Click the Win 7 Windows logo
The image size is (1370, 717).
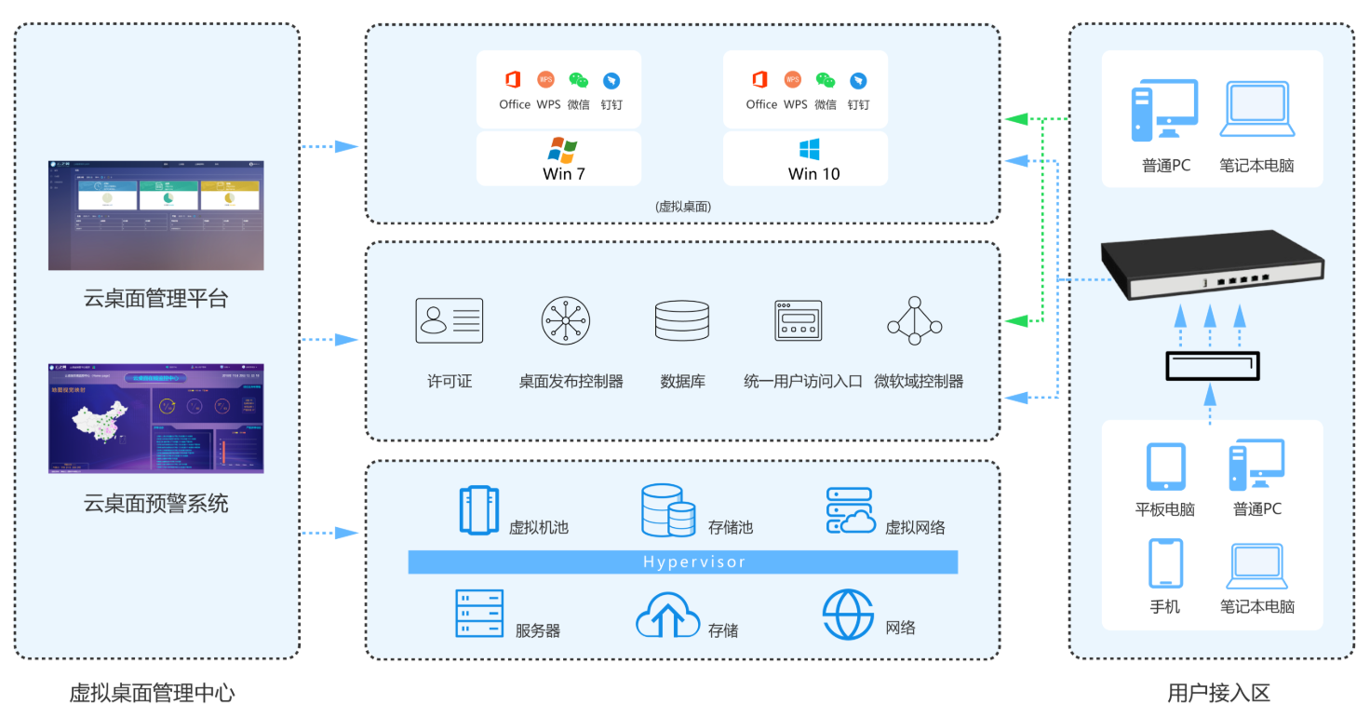click(x=562, y=150)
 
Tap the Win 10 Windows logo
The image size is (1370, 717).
click(x=808, y=150)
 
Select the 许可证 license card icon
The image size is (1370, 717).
click(x=449, y=321)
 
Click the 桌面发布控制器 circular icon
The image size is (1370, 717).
click(x=566, y=321)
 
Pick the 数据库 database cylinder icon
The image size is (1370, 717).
click(x=681, y=321)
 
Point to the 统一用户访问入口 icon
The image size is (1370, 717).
click(x=799, y=321)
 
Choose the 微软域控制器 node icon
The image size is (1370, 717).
click(x=914, y=321)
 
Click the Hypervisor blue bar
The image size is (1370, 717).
click(x=682, y=561)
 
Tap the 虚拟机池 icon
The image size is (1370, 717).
click(x=478, y=510)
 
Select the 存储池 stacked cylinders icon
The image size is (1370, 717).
click(x=667, y=510)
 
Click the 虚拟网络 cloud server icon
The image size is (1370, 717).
click(x=850, y=510)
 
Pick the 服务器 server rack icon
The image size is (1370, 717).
click(x=478, y=614)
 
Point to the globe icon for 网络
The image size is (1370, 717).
click(x=848, y=615)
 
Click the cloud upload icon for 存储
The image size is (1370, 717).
click(x=666, y=615)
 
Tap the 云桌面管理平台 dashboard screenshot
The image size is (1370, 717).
click(x=155, y=215)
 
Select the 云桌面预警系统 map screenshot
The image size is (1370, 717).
click(x=155, y=418)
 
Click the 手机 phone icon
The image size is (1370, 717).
click(x=1165, y=563)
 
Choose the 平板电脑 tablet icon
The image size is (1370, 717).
click(x=1165, y=467)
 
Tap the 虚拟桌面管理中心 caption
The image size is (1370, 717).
click(x=152, y=693)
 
